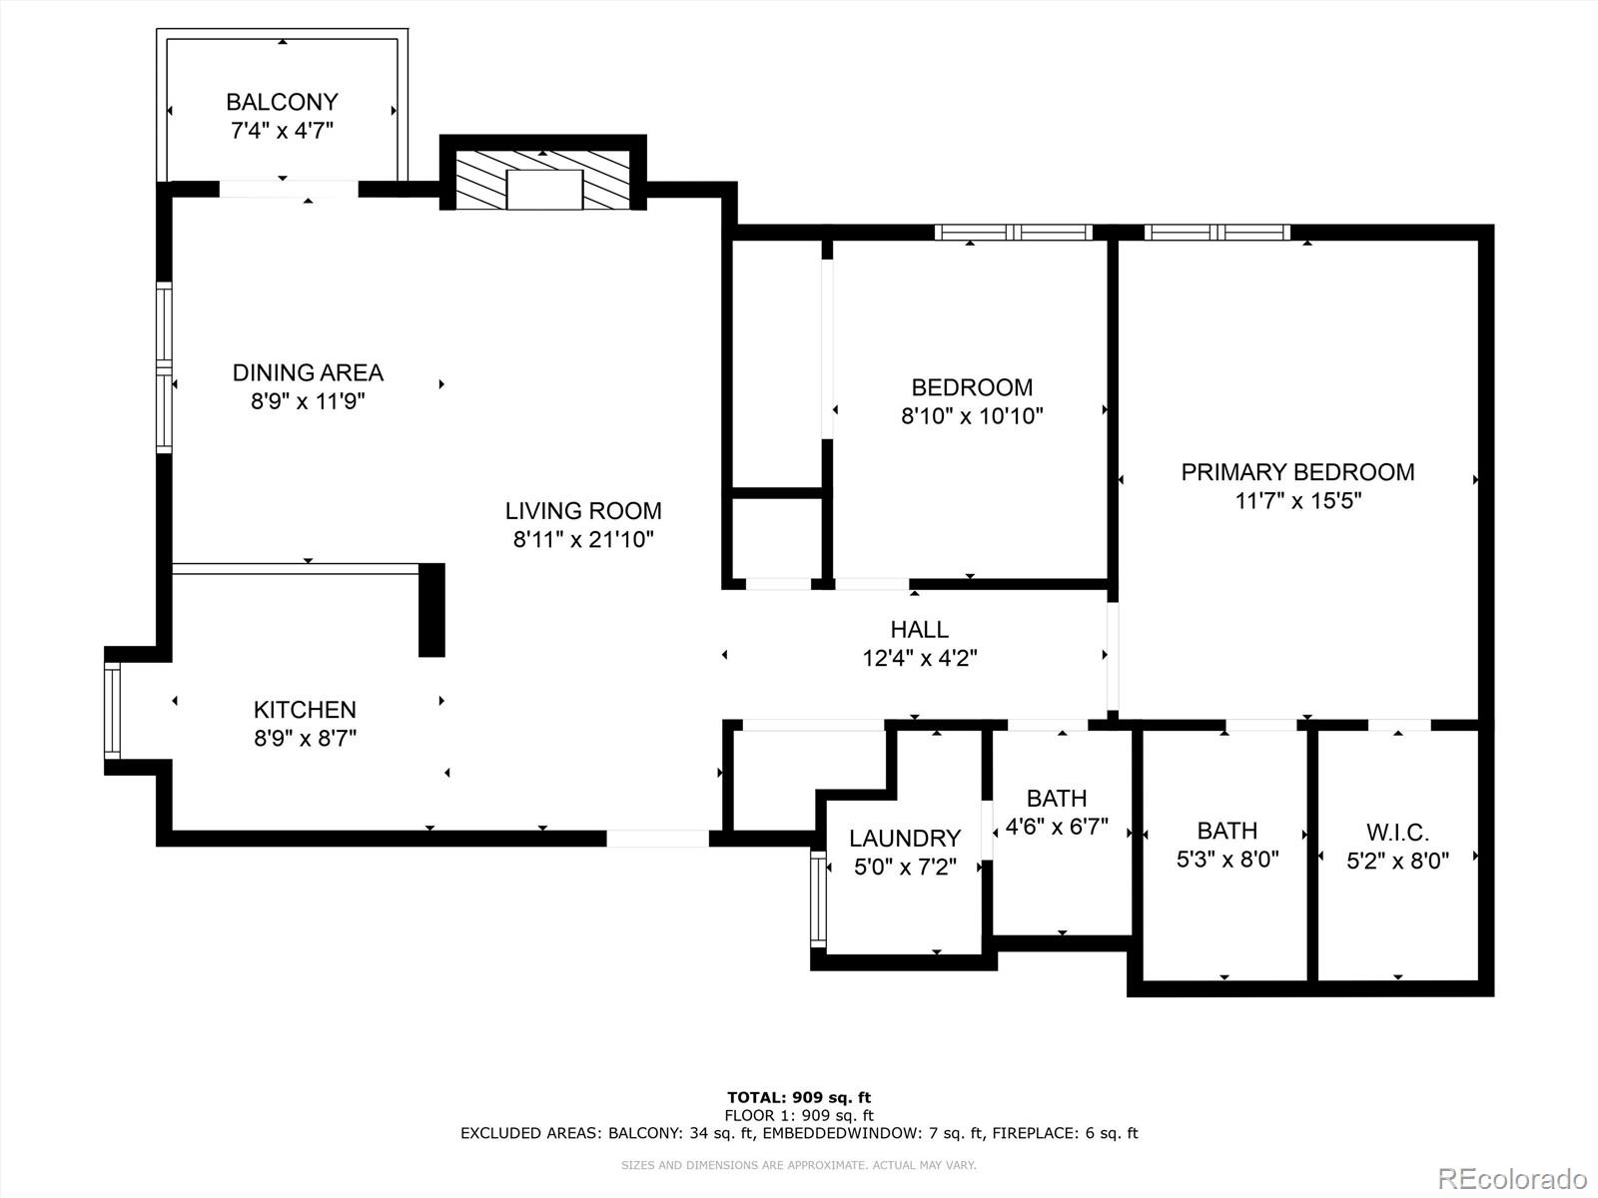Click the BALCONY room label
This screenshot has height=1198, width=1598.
pos(282,102)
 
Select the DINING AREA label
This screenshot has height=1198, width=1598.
pos(308,372)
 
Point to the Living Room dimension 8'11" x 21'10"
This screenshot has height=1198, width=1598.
pos(583,540)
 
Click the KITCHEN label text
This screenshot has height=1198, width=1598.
pos(305,710)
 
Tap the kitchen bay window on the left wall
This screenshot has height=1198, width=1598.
pos(112,710)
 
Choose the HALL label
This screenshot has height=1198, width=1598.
pos(919,630)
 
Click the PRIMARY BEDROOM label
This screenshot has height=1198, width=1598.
pos(1297,472)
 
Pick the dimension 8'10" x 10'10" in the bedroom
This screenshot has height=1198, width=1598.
pos(972,416)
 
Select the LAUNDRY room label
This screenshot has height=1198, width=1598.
pos(905,839)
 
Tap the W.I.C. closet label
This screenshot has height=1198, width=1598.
pos(1397,832)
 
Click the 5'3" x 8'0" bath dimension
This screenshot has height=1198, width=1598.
pos(1227,860)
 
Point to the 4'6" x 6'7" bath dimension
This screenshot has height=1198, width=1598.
pos(1057,827)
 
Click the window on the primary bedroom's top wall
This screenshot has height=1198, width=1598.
pos(1216,233)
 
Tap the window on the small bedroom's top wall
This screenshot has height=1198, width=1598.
pos(1014,233)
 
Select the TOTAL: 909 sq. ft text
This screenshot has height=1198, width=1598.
pos(798,1098)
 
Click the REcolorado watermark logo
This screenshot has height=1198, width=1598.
pos(1512,1178)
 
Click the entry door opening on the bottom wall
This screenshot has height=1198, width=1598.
pos(657,839)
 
